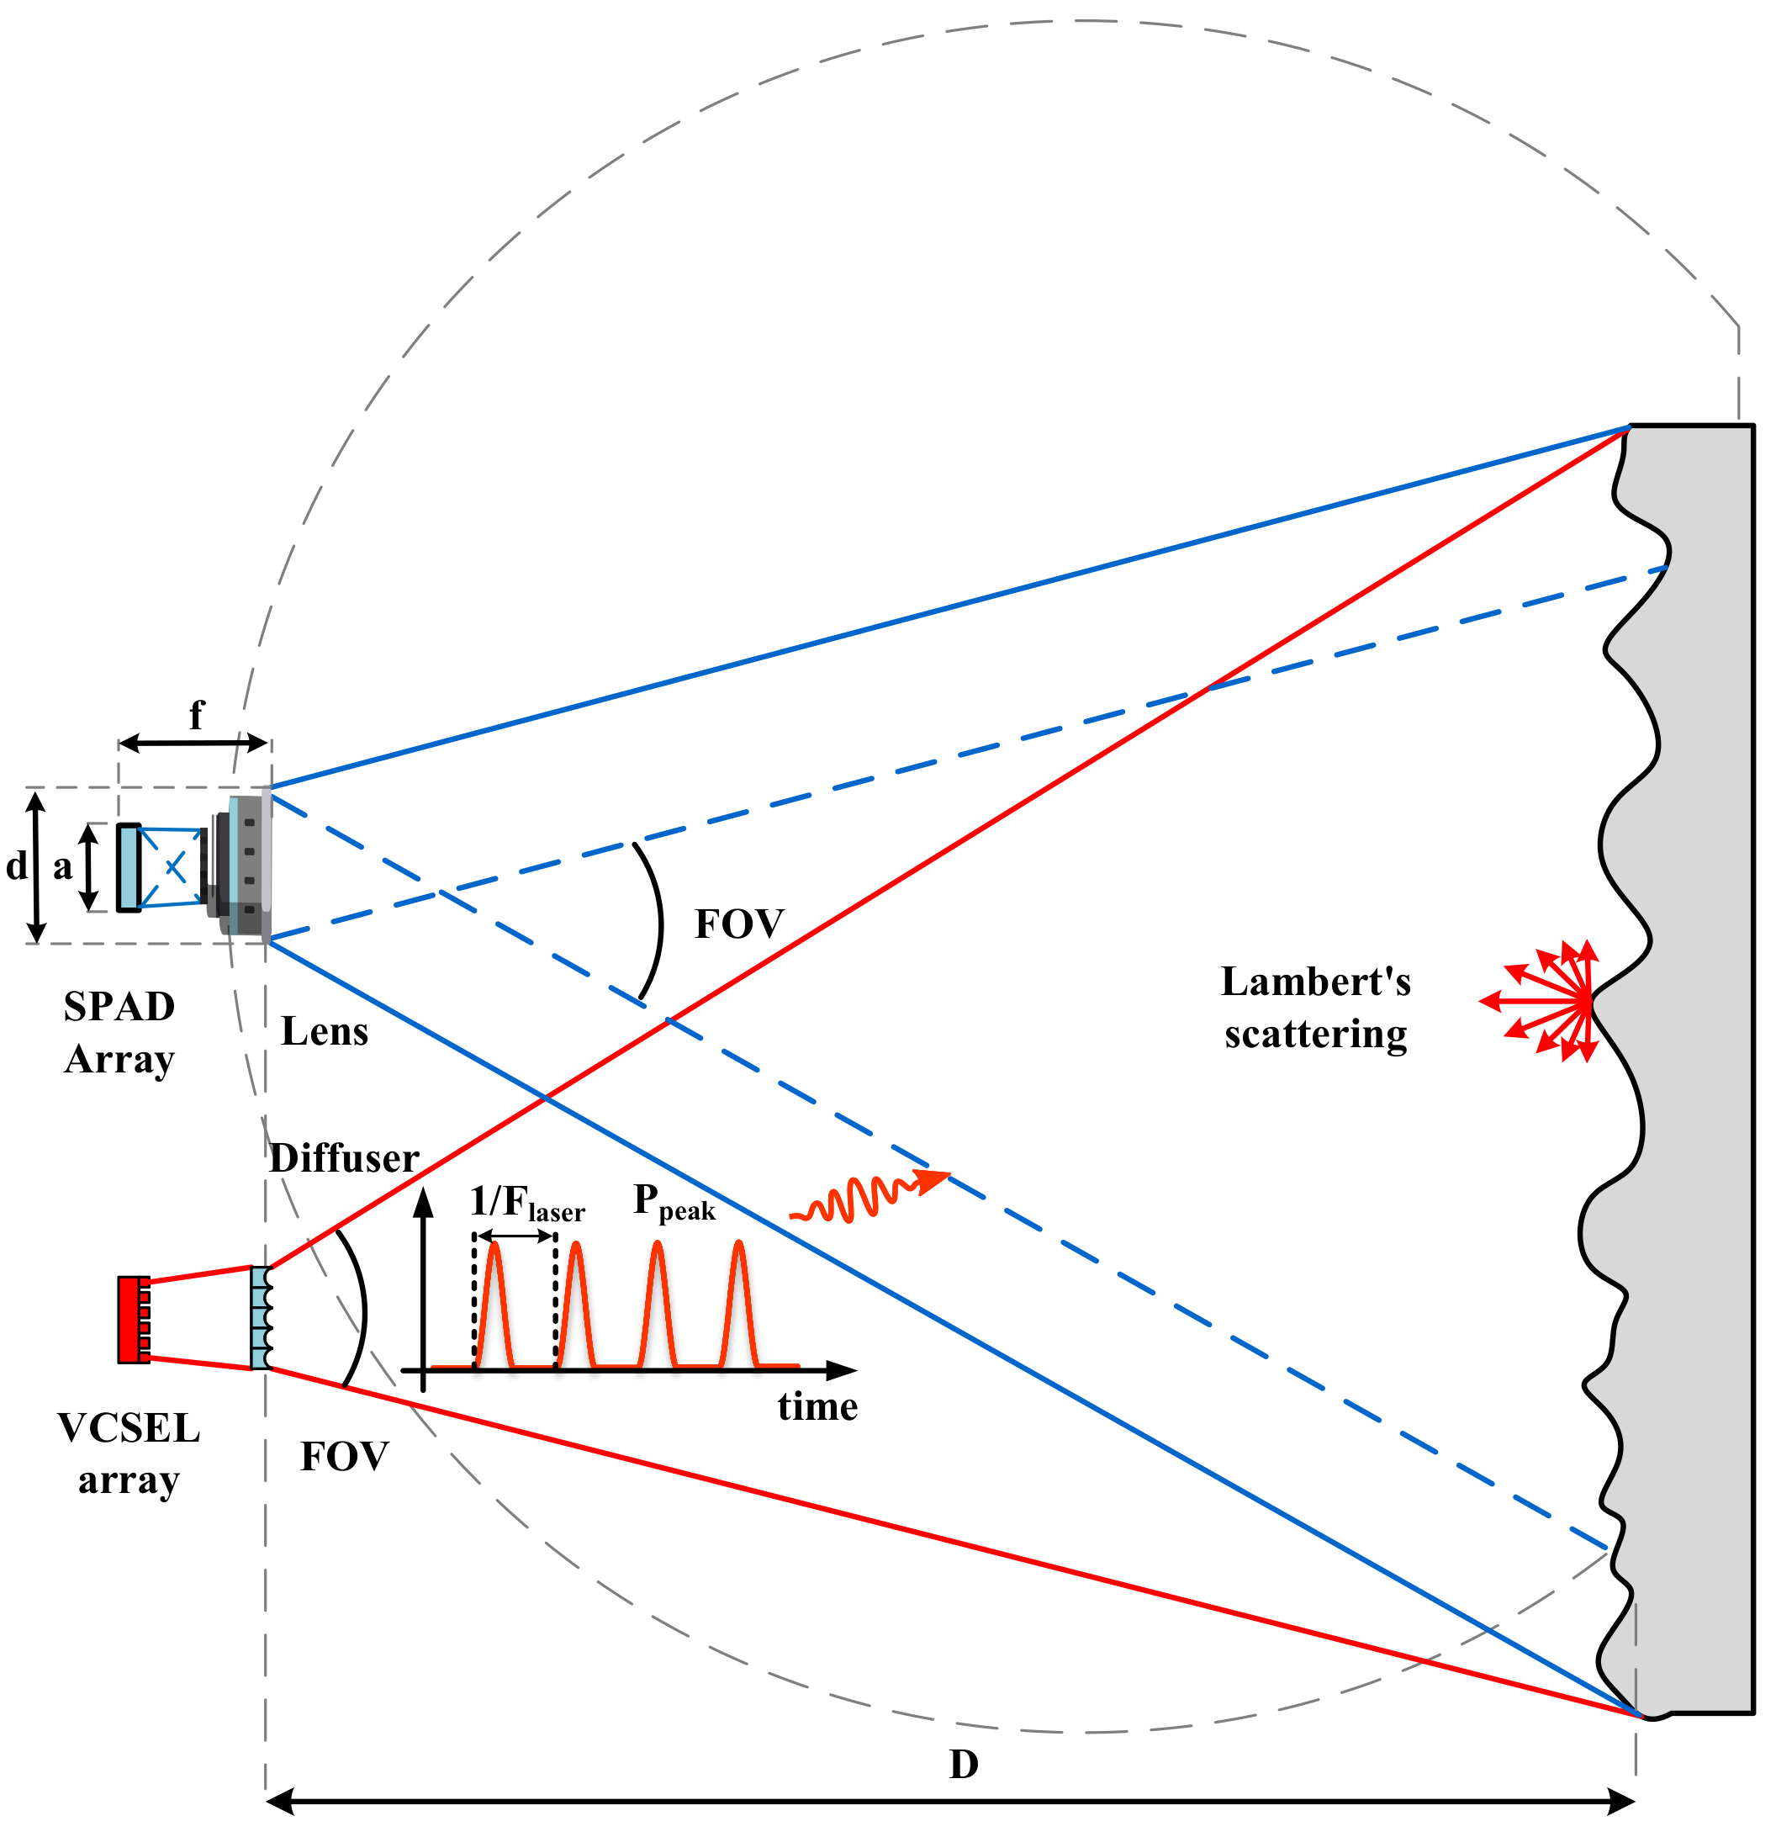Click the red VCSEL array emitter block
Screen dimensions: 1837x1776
click(131, 1319)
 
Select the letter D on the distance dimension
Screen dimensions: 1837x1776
click(964, 1765)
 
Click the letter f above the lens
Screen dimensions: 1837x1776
click(196, 716)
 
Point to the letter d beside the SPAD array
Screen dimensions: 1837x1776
click(16, 866)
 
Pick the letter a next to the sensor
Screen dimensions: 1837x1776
click(63, 867)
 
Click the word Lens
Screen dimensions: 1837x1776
click(325, 1032)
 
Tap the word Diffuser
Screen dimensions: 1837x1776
click(344, 1158)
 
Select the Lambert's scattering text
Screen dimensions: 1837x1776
click(1315, 1008)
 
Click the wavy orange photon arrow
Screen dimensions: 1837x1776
click(867, 1197)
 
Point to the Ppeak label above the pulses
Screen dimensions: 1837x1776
click(673, 1203)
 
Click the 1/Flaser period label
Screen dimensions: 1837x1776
click(526, 1204)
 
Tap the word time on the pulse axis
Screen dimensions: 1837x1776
click(817, 1407)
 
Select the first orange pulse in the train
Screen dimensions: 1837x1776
click(494, 1303)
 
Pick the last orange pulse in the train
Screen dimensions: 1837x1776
click(739, 1303)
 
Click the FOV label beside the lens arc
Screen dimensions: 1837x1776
click(738, 925)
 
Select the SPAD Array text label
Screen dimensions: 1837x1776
click(119, 1033)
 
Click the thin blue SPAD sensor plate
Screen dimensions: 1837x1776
click(129, 867)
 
